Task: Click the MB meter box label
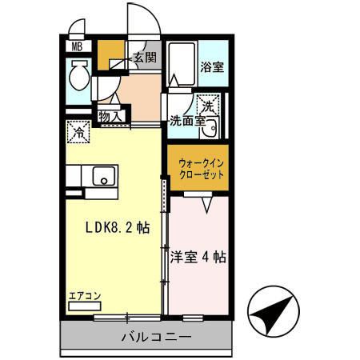coord(78,46)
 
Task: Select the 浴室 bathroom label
coord(211,67)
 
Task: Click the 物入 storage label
coord(111,117)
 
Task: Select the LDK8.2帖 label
coord(118,226)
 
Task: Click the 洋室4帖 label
coord(198,258)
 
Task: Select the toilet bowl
coord(78,80)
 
